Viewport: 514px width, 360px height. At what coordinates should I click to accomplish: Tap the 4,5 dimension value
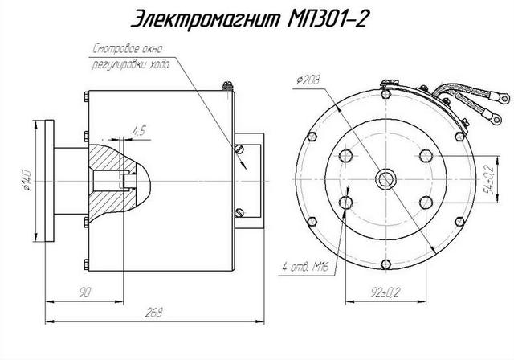(x=137, y=129)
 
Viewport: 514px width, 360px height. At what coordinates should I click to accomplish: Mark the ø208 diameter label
(x=309, y=80)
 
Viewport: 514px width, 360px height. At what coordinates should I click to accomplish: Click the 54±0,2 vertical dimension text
(x=487, y=178)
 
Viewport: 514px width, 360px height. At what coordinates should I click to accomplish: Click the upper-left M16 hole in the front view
(x=348, y=155)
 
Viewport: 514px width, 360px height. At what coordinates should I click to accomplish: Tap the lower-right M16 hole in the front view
(x=425, y=202)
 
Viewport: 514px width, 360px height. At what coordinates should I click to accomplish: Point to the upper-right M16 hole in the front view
(x=425, y=155)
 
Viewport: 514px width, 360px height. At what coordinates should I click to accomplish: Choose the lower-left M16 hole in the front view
(x=348, y=202)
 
